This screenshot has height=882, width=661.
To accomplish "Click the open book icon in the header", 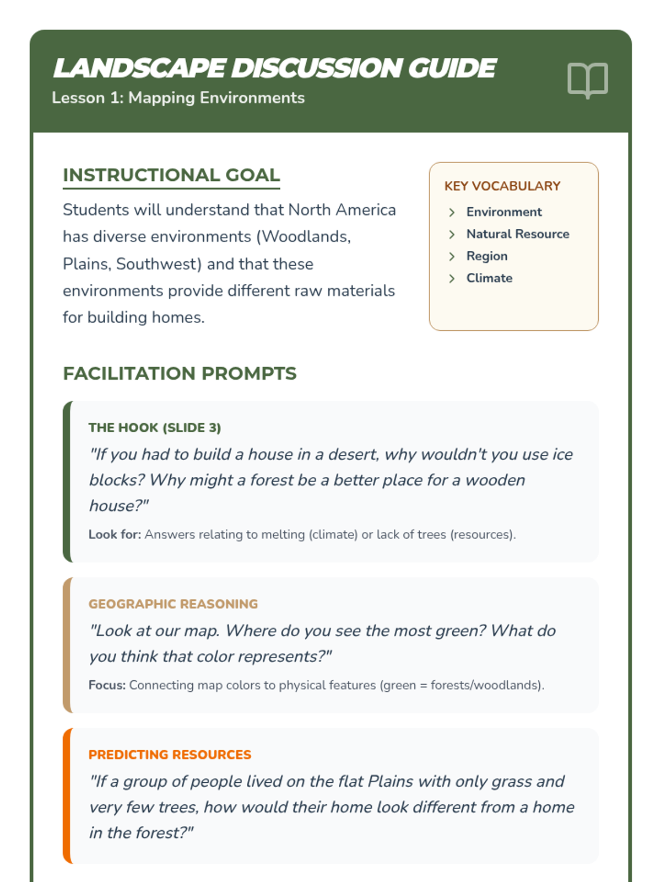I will tap(587, 80).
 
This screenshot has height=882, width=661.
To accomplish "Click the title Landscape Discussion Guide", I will tap(274, 68).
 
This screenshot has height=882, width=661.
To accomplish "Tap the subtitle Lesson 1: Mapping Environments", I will tap(178, 98).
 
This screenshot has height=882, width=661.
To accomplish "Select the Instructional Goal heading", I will tap(171, 175).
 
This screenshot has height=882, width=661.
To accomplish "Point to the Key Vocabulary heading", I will tap(502, 186).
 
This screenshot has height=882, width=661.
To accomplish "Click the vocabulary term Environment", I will tap(503, 212).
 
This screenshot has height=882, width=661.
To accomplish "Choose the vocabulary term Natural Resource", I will tap(517, 234).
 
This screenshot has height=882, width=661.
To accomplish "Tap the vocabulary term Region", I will tap(486, 256).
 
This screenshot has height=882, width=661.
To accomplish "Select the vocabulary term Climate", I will tap(489, 278).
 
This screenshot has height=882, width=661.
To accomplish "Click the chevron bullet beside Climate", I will tap(452, 278).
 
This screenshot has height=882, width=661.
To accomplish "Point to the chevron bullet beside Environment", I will tap(452, 212).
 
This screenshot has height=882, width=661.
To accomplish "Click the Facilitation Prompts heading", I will tap(180, 373).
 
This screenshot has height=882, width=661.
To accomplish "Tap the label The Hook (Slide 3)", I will tap(154, 427).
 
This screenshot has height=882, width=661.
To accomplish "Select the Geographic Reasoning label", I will tap(173, 604).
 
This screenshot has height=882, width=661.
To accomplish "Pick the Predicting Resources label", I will tap(170, 754).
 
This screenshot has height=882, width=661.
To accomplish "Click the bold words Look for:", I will tap(115, 534).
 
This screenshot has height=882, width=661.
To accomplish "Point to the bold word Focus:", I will tap(107, 685).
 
